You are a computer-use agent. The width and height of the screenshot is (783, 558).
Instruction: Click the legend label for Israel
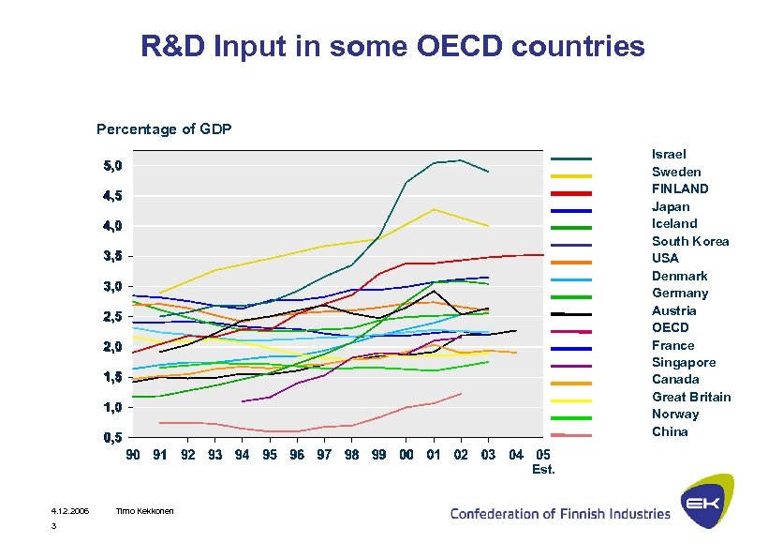pyautogui.click(x=669, y=154)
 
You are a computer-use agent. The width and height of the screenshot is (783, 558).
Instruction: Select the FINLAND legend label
pyautogui.click(x=680, y=189)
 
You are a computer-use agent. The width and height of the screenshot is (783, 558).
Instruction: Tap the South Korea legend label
pyautogui.click(x=690, y=241)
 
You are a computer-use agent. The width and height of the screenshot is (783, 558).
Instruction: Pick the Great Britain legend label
pyautogui.click(x=691, y=397)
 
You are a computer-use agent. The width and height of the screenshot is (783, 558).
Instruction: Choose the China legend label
pyautogui.click(x=670, y=431)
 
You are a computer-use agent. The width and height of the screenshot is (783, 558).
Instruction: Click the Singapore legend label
pyautogui.click(x=684, y=362)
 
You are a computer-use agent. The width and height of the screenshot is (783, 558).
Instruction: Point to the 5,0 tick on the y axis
pyautogui.click(x=112, y=166)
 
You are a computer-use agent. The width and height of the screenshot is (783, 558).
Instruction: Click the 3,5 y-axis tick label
pyautogui.click(x=112, y=256)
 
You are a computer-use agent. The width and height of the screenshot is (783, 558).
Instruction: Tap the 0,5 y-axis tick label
pyautogui.click(x=112, y=438)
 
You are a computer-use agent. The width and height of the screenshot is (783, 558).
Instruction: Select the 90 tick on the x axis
pyautogui.click(x=133, y=455)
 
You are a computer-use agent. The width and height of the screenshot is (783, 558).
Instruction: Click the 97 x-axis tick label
pyautogui.click(x=324, y=455)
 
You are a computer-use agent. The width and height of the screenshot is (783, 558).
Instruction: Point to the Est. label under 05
pyautogui.click(x=543, y=469)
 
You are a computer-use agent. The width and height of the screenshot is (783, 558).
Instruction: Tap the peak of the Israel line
pyautogui.click(x=460, y=160)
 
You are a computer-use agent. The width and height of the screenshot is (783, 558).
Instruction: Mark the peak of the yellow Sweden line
pyautogui.click(x=433, y=209)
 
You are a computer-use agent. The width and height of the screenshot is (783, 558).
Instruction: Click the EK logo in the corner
pyautogui.click(x=707, y=502)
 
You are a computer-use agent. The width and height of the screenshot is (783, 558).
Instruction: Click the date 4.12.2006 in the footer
pyautogui.click(x=69, y=510)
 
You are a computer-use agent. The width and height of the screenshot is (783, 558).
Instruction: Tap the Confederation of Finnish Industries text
pyautogui.click(x=560, y=513)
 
